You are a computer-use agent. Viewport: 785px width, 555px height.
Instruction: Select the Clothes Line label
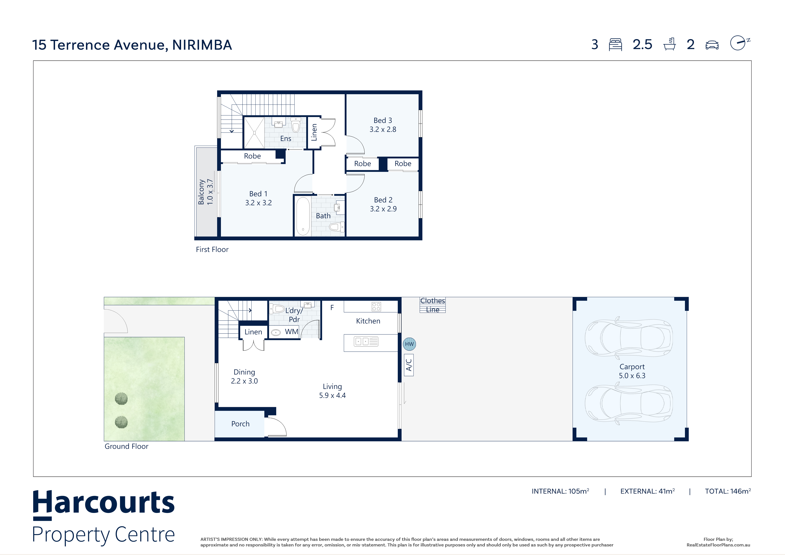[432, 305]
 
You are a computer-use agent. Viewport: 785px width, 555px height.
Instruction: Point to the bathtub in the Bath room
[303, 216]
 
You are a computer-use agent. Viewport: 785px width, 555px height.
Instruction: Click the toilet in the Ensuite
[296, 125]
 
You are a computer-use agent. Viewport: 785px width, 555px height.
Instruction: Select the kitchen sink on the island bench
[366, 341]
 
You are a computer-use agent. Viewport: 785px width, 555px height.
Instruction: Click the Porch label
[240, 424]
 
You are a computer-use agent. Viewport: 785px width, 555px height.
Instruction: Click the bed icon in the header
[615, 45]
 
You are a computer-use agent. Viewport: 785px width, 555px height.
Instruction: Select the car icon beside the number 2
[712, 45]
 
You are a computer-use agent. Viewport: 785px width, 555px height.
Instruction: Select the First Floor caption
[212, 250]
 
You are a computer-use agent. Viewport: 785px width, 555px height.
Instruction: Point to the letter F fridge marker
[332, 307]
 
